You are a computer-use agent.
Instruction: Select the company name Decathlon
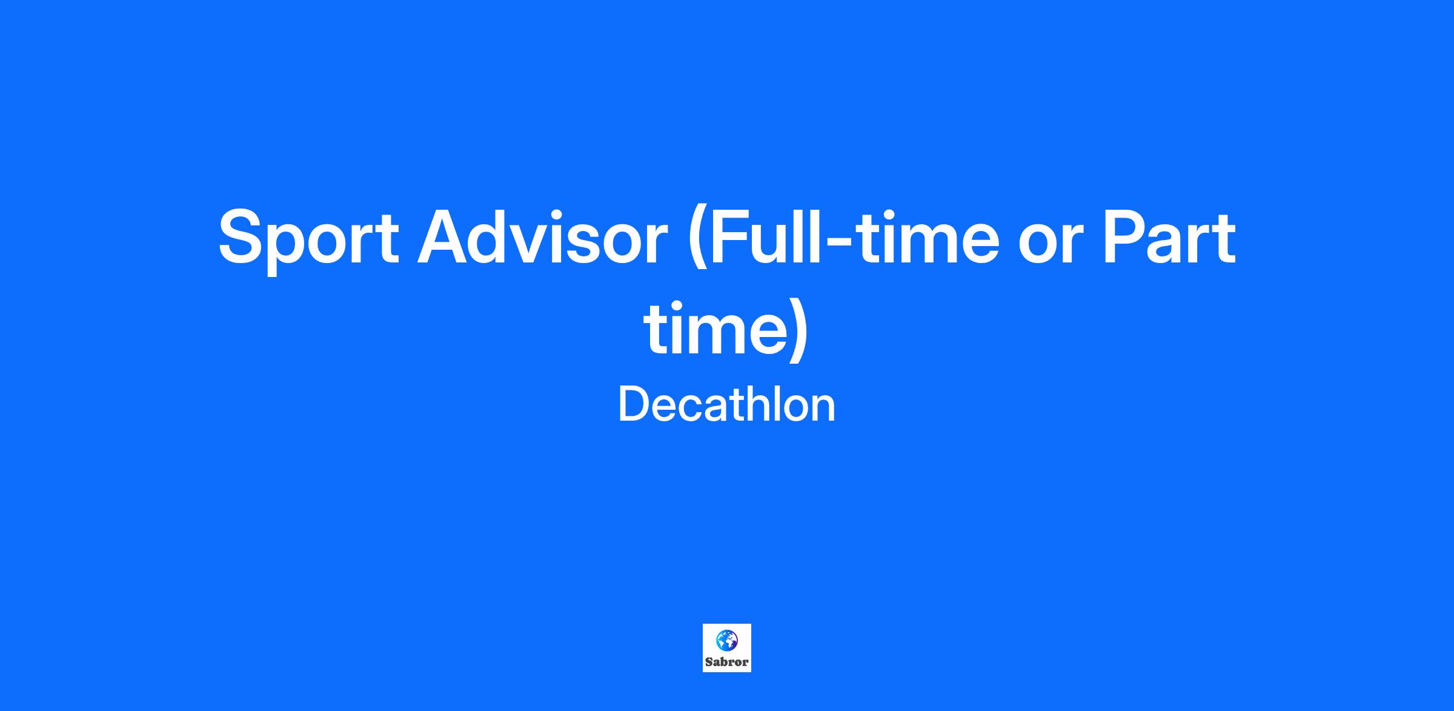coord(726,405)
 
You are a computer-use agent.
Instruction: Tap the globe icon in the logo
coord(726,640)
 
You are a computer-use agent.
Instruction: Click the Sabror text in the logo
coord(727,662)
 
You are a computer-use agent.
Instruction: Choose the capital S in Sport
coord(245,237)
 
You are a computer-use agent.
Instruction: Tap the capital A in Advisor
coord(448,237)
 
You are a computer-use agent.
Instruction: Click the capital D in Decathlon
coord(633,405)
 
